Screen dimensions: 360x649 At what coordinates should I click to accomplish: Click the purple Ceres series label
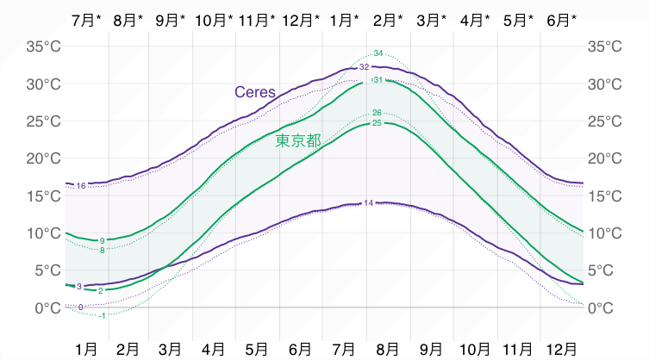pos(254,91)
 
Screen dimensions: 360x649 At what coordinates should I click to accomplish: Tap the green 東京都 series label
pos(298,140)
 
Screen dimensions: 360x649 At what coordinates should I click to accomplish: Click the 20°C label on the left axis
pos(43,158)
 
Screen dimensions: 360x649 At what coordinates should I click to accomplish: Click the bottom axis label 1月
pos(86,348)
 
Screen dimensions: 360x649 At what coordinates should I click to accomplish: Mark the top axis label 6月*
pos(562,19)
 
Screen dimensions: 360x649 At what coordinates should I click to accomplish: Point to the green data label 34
pos(378,53)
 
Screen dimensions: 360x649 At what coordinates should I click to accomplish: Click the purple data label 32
pos(364,66)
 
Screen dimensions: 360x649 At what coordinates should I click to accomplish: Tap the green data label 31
pos(378,79)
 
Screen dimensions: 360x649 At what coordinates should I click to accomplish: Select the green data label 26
pos(377,113)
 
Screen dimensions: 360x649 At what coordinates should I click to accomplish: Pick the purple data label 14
pos(369,203)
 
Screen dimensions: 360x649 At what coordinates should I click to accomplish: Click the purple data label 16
pos(81,186)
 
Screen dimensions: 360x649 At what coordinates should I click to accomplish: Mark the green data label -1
pos(102,315)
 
